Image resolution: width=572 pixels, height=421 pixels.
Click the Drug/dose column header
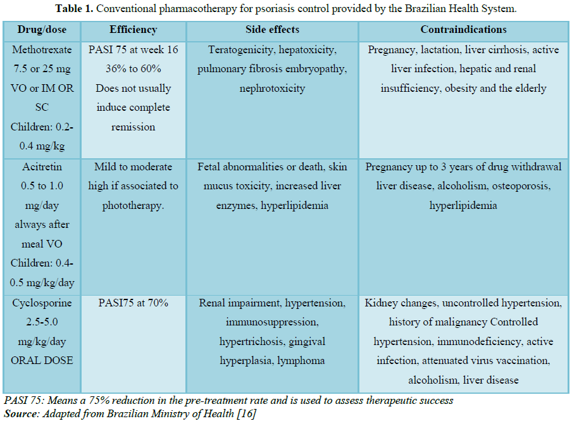(42, 30)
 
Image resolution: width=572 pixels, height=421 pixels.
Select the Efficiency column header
(133, 30)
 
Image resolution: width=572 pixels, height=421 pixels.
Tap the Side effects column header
(272, 30)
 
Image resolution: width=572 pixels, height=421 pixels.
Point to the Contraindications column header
(463, 30)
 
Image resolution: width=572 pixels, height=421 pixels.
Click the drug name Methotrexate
(42, 49)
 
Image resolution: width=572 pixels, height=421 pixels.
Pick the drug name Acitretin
(42, 167)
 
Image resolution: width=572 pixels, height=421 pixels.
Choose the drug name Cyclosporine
(42, 303)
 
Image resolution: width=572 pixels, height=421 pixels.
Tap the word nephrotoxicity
(272, 89)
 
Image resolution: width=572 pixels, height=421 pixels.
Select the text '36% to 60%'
(133, 69)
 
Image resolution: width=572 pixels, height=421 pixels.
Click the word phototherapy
(133, 206)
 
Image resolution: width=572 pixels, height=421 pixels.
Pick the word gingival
(307, 342)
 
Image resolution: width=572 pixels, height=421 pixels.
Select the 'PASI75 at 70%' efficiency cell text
(133, 303)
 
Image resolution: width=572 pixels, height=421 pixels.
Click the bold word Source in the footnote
(20, 414)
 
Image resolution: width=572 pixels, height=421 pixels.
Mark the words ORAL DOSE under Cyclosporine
(42, 361)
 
